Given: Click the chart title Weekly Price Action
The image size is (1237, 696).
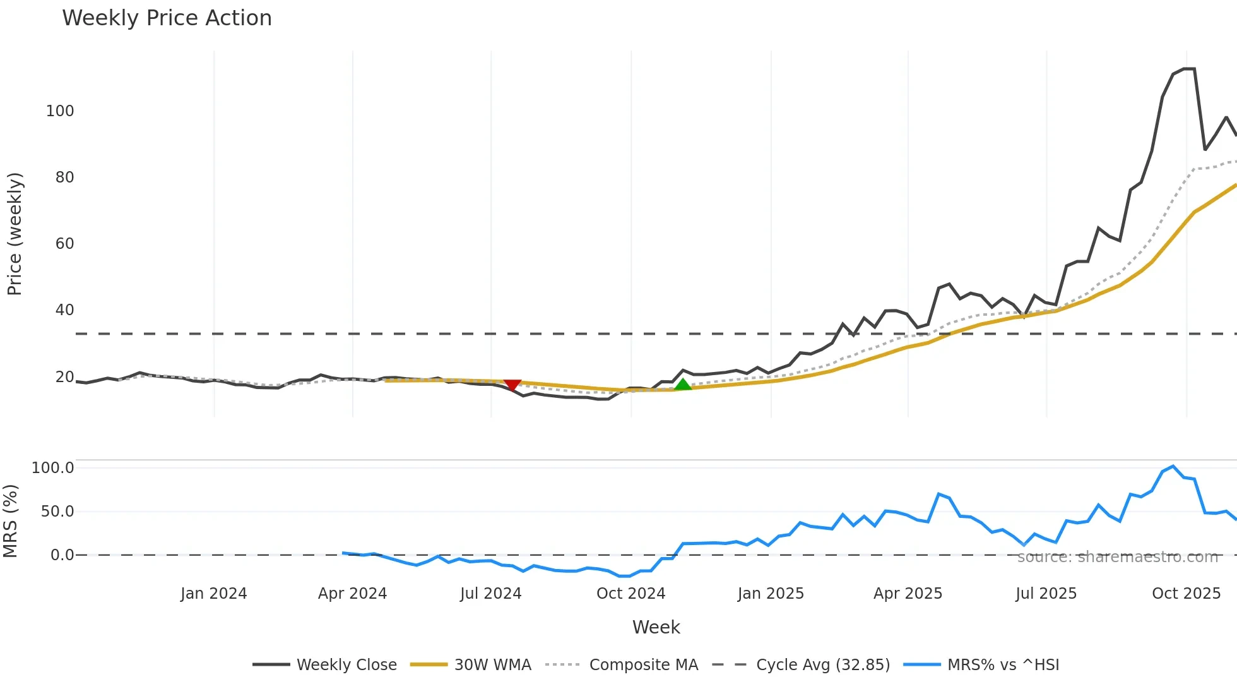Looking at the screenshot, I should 167,18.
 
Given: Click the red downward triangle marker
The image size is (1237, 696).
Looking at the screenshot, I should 512,385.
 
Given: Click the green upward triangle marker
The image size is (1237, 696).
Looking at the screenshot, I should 683,384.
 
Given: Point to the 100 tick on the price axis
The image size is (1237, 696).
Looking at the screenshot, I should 60,111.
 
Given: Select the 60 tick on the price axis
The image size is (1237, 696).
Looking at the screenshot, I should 64,244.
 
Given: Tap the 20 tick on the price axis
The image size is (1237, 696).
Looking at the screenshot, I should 64,377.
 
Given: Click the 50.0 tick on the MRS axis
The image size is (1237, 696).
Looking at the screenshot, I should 57,512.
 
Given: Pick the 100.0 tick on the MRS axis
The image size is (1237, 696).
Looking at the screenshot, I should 52,468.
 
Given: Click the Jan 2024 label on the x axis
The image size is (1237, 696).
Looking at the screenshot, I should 213,594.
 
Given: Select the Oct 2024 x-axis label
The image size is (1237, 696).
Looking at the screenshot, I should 630,594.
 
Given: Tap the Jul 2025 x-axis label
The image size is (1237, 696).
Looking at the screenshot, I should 1046,594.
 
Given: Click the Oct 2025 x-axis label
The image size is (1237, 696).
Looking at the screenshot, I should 1186,594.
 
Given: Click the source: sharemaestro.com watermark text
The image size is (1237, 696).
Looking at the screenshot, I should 1117,557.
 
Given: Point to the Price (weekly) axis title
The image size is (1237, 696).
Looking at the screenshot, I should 15,234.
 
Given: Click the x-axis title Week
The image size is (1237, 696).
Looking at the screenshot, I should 656,627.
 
